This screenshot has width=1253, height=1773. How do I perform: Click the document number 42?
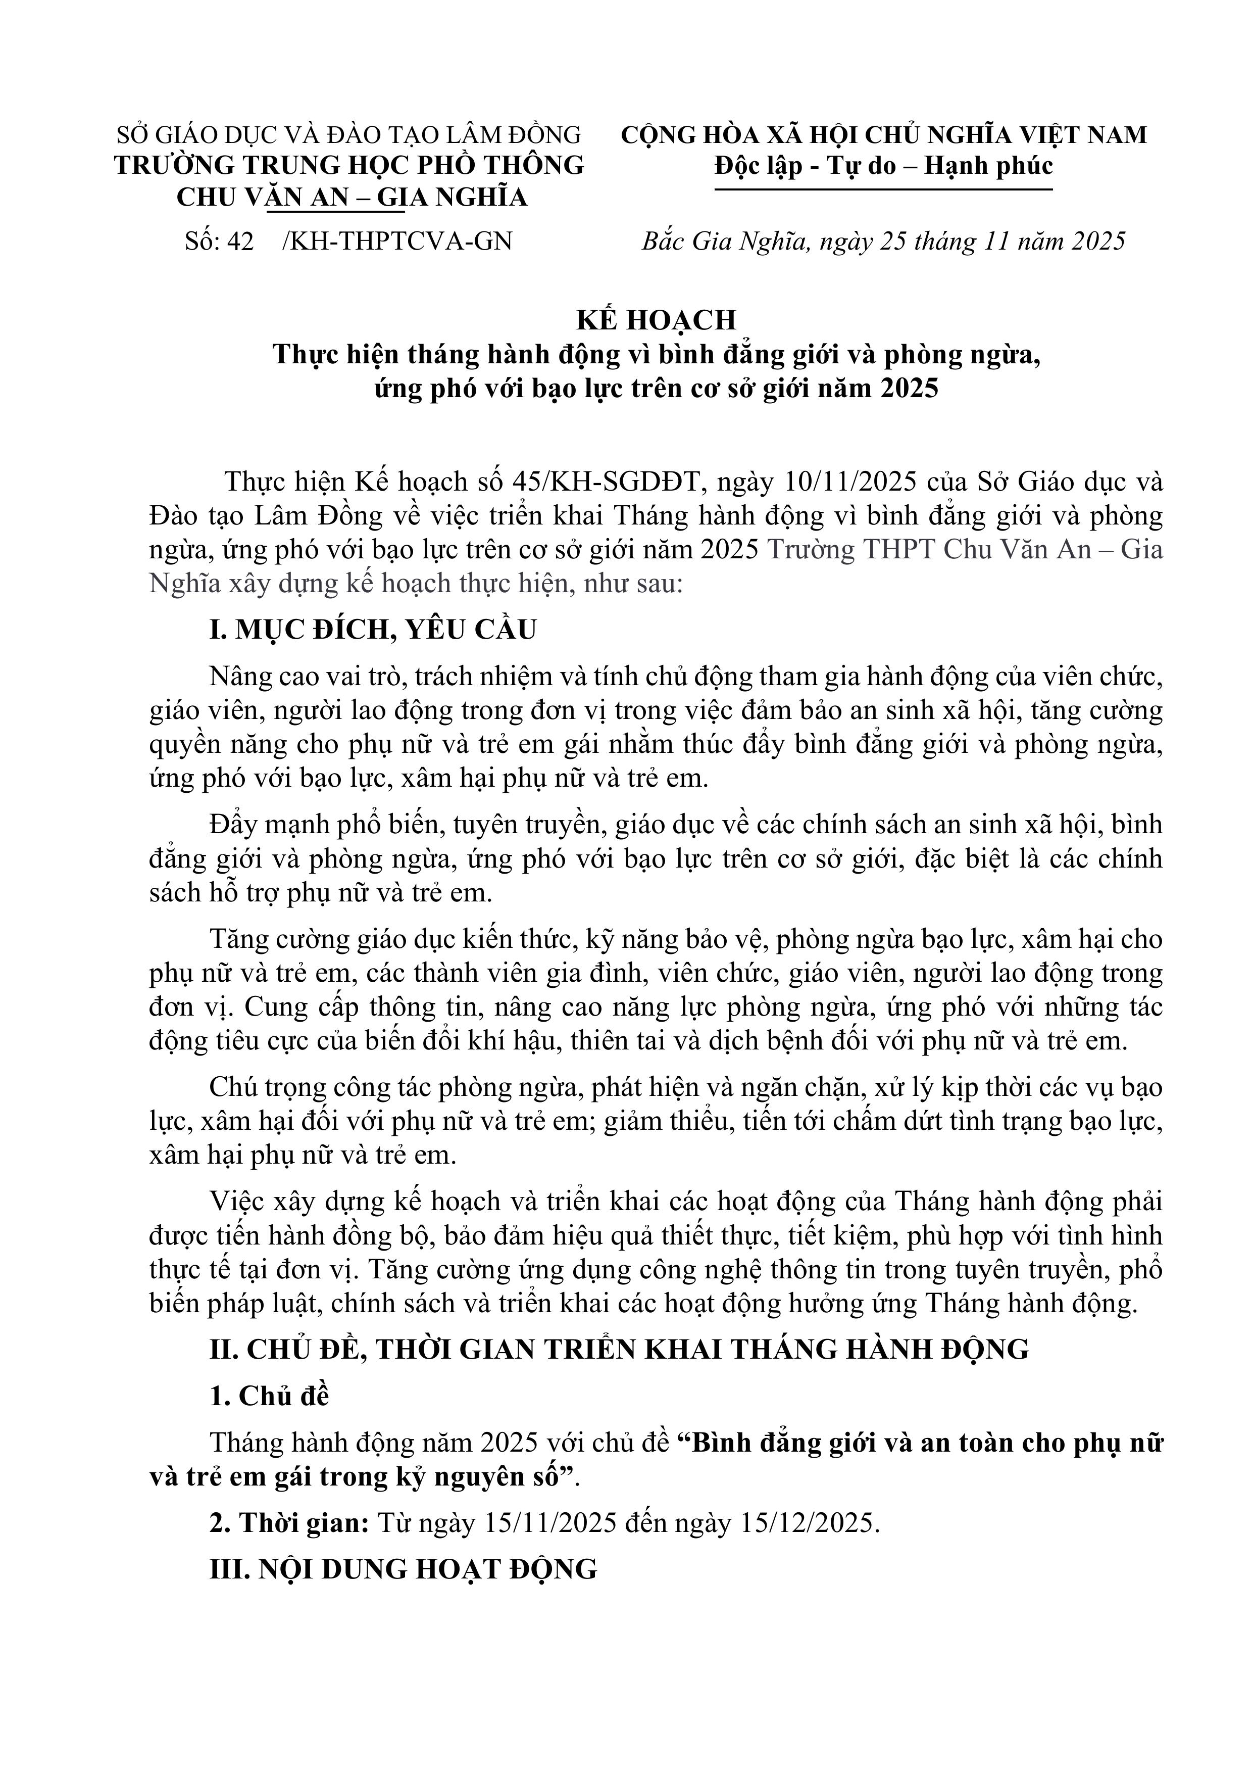coord(241,242)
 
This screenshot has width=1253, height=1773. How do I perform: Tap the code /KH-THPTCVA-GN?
coord(397,242)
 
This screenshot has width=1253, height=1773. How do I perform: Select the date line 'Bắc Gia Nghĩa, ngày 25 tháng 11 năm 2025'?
coord(884,242)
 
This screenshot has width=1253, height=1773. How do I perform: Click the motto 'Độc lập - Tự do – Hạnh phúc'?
coord(883,166)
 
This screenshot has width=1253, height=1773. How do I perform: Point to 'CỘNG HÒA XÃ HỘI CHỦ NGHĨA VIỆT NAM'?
coord(884,135)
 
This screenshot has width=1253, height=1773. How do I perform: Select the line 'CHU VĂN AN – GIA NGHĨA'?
coord(352,198)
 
